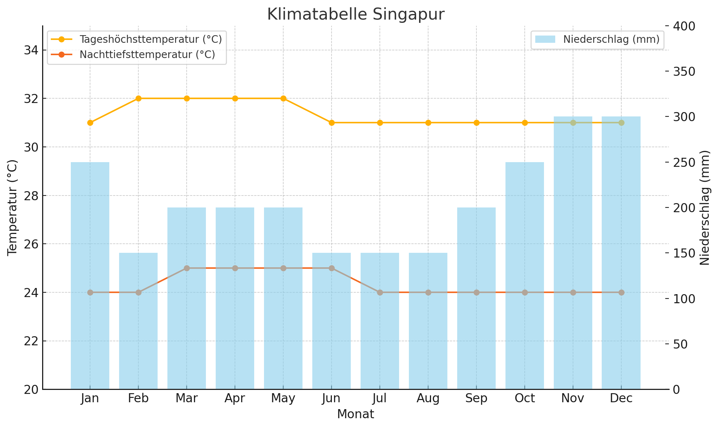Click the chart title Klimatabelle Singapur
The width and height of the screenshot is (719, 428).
pyautogui.click(x=356, y=15)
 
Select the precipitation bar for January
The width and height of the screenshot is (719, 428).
pyautogui.click(x=90, y=276)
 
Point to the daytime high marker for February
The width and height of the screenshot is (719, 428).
pyautogui.click(x=138, y=98)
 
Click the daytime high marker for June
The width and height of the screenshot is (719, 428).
pyautogui.click(x=332, y=123)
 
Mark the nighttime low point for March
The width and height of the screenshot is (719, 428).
pyautogui.click(x=187, y=268)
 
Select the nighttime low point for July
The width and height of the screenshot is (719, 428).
pyautogui.click(x=380, y=292)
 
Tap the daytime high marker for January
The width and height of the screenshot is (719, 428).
pyautogui.click(x=90, y=123)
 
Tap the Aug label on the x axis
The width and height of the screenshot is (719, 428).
pyautogui.click(x=428, y=399)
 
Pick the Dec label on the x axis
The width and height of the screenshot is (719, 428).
pyautogui.click(x=621, y=399)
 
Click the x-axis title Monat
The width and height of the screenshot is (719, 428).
pyautogui.click(x=356, y=414)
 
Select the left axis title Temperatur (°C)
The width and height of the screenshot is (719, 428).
pyautogui.click(x=12, y=207)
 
